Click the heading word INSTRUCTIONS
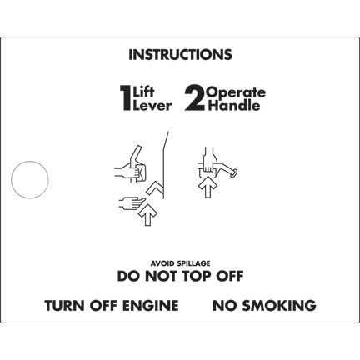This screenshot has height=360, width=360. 180,55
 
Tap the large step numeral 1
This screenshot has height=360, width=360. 126,97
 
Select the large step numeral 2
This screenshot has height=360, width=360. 195,97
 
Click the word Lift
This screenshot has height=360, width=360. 143,92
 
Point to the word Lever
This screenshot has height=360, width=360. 152,106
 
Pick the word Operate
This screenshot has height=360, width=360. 237,92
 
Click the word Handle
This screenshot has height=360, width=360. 234,106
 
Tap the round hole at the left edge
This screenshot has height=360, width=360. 30,180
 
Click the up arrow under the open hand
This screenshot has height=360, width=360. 147,214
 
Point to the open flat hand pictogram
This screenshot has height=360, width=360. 132,202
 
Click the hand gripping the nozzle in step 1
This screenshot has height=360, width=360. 127,171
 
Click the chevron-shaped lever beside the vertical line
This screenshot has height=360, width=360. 154,188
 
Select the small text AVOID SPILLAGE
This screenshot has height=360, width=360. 180,263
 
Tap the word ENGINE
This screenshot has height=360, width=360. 151,305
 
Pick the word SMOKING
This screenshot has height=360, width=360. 279,305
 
